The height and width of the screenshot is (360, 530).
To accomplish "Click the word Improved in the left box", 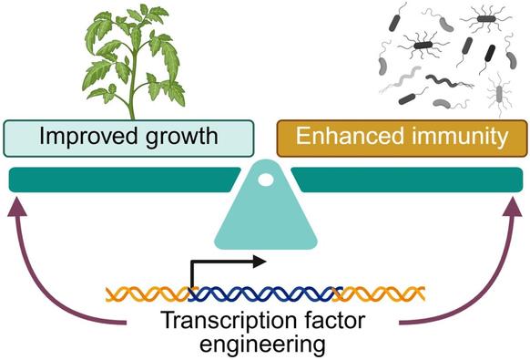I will [81, 139].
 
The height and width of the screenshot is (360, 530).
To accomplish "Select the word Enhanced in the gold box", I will [344, 139].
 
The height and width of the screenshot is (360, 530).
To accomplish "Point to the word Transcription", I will [218, 322].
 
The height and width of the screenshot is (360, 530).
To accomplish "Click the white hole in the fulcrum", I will [266, 180].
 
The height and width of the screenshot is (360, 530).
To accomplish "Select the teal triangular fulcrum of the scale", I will [265, 219].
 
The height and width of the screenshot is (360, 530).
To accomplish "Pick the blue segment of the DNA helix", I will [264, 293].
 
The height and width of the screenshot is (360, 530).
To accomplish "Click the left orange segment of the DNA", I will [147, 293].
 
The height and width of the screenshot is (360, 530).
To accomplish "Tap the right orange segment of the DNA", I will [382, 293].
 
